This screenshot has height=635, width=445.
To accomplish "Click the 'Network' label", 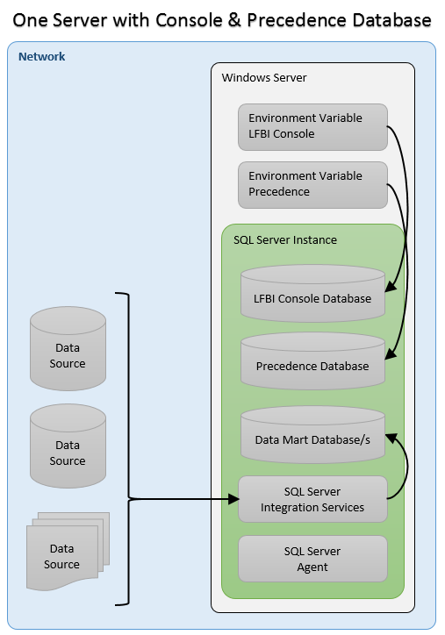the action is pos(42,57).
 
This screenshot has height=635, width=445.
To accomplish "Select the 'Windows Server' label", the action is pos(264,77).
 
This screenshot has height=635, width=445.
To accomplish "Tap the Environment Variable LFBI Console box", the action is pos(312,127).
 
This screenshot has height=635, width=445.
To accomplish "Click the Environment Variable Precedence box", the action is pos(312,185).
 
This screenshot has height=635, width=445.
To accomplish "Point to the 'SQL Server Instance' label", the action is pos(285,239).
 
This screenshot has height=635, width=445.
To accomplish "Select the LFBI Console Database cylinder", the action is pos(312,294).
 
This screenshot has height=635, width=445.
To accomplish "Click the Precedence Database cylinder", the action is pos(312,361).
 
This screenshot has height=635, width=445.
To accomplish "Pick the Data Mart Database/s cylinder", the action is pos(312,435).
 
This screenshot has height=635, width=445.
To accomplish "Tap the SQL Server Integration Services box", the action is pos(312,499).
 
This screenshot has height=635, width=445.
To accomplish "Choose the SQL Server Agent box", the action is pos(312,559).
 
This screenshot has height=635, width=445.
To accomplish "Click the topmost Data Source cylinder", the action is pos(68,349).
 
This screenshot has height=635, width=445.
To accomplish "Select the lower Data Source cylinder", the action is pos(68,446).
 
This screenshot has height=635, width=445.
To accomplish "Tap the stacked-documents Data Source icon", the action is pos(68,552).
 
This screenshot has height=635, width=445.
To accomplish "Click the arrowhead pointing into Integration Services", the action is pos(233,499).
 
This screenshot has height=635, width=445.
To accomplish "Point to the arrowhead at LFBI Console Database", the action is pos(391,286).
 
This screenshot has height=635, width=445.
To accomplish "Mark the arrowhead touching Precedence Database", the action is pos(391,353).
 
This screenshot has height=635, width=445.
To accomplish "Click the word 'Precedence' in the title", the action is pos(291,20).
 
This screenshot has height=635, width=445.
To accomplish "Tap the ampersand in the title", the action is pos(233,20).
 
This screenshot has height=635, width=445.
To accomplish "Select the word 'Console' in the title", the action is pos(189,20).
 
